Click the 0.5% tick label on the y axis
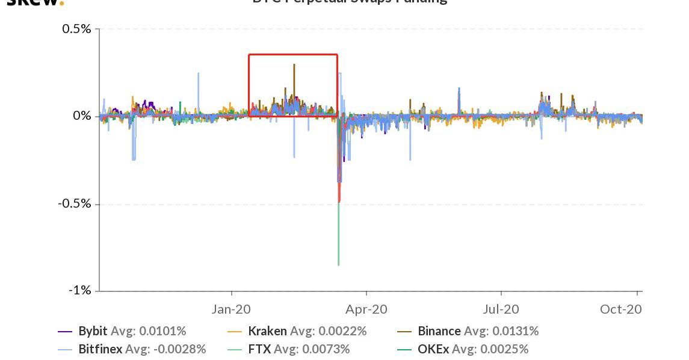(x=76, y=29)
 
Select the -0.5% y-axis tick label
(x=75, y=203)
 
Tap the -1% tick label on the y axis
(x=79, y=291)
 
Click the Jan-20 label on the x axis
(x=232, y=309)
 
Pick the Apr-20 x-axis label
(x=367, y=309)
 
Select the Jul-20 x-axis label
(x=501, y=309)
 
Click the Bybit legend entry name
(x=93, y=331)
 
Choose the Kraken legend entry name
(x=268, y=331)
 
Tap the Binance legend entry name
(x=439, y=331)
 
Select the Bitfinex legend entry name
(x=100, y=349)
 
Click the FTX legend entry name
(x=258, y=349)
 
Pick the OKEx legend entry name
(x=433, y=349)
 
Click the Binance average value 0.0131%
(x=516, y=331)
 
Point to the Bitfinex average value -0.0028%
(x=174, y=349)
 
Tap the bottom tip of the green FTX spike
(x=339, y=265)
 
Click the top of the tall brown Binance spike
(x=294, y=64)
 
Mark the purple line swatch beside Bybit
(x=66, y=331)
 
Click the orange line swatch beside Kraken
(x=235, y=331)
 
